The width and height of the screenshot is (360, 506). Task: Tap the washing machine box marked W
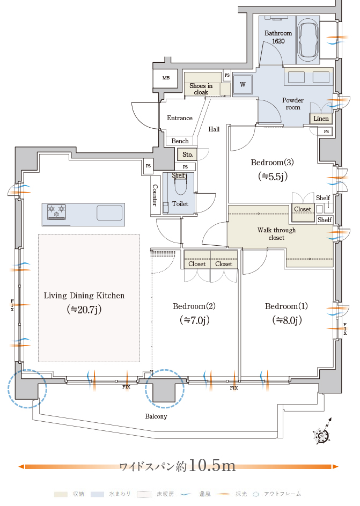click(x=243, y=85)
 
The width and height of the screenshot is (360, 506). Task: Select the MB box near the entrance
click(x=166, y=78)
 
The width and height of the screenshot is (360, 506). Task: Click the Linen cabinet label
click(x=321, y=118)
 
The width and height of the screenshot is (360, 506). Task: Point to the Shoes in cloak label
click(x=201, y=89)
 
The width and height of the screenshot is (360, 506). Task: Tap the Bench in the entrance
click(x=180, y=141)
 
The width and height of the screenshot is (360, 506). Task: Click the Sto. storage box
click(x=187, y=155)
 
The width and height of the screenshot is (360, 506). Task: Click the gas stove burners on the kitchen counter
click(x=56, y=211)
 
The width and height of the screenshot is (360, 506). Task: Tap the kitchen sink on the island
click(x=109, y=212)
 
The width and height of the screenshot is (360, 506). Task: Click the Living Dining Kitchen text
click(x=84, y=296)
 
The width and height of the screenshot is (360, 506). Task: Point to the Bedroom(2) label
click(x=194, y=306)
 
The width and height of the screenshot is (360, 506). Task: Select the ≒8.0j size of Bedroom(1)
click(x=286, y=320)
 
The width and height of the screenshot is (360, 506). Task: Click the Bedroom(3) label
click(x=273, y=163)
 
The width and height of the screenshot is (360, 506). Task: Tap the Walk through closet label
click(x=276, y=234)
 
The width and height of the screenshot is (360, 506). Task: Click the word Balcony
click(x=156, y=416)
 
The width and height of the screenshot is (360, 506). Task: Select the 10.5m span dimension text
click(x=212, y=465)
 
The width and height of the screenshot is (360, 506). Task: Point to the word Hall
click(x=214, y=129)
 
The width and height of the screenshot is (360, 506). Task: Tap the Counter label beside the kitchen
click(x=155, y=195)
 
